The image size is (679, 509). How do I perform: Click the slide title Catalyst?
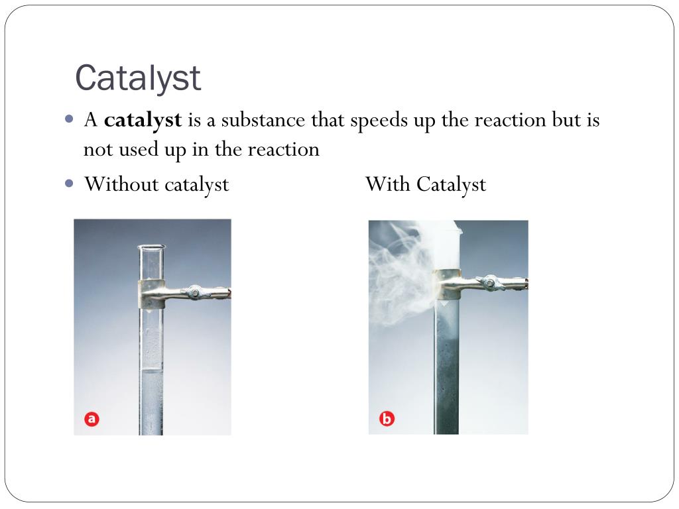[x=137, y=78]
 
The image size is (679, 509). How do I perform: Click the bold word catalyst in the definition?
[x=143, y=121]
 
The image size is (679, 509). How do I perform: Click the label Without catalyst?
[x=156, y=184]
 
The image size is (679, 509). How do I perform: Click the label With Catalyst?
[x=425, y=184]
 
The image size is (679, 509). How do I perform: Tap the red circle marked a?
[x=92, y=419]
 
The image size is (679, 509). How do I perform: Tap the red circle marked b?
[x=387, y=419]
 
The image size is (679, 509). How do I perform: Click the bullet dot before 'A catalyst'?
[x=70, y=120]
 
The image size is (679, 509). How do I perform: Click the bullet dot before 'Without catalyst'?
[x=70, y=184]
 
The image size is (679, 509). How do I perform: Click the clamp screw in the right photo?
[x=489, y=284]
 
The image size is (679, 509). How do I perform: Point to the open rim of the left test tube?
[x=151, y=247]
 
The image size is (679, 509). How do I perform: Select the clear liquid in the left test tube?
[x=151, y=404]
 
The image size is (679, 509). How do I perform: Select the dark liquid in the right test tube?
[x=446, y=371]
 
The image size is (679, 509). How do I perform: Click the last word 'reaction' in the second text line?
[x=283, y=150]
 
